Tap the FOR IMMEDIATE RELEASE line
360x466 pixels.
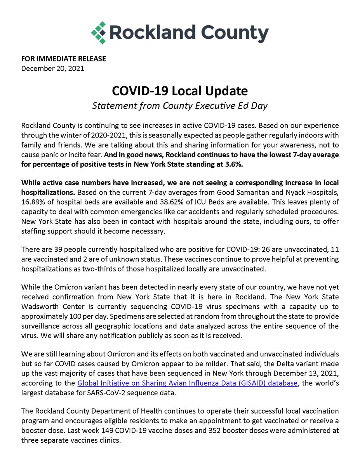63,59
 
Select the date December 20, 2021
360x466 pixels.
52,69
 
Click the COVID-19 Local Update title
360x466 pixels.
180,91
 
